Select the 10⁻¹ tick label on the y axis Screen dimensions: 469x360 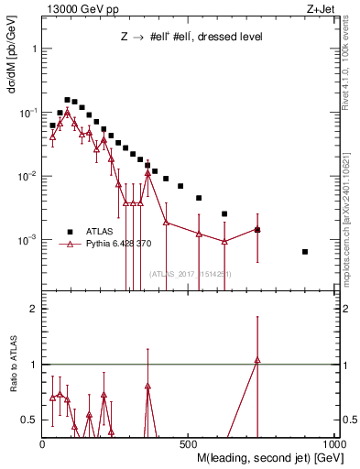coord(27,112)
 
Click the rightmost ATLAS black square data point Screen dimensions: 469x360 coord(305,251)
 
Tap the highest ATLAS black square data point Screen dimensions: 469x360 coord(67,100)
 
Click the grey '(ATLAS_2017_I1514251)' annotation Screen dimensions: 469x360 coord(190,274)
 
